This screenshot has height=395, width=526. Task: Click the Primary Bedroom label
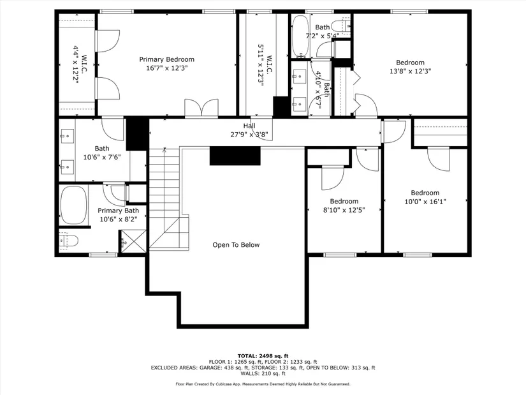pyautogui.click(x=166, y=59)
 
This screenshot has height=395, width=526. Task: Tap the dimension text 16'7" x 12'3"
pyautogui.click(x=166, y=68)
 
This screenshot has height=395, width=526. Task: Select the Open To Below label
pyautogui.click(x=236, y=245)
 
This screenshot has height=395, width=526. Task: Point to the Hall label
pyautogui.click(x=249, y=126)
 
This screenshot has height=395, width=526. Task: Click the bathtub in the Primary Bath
pyautogui.click(x=73, y=205)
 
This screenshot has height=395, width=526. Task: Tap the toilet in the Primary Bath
pyautogui.click(x=69, y=241)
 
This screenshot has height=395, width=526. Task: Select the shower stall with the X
pyautogui.click(x=133, y=241)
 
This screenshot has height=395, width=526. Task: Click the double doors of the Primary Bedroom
pyautogui.click(x=201, y=107)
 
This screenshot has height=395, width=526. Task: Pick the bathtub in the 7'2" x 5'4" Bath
pyautogui.click(x=300, y=36)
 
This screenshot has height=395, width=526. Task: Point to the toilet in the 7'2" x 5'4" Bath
pyautogui.click(x=341, y=26)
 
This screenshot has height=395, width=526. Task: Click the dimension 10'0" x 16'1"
pyautogui.click(x=425, y=202)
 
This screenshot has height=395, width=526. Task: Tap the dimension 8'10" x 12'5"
pyautogui.click(x=344, y=211)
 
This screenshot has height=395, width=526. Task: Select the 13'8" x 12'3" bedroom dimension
pyautogui.click(x=410, y=71)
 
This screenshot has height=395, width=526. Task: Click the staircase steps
pyautogui.click(x=164, y=198)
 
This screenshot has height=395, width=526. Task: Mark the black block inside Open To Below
pyautogui.click(x=235, y=156)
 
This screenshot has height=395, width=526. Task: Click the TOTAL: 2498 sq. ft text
pyautogui.click(x=263, y=356)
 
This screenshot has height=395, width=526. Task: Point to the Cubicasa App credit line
pyautogui.click(x=263, y=384)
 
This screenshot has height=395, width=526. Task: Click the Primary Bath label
pyautogui.click(x=119, y=211)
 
